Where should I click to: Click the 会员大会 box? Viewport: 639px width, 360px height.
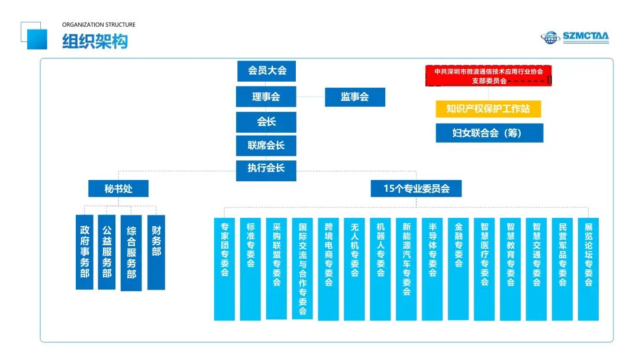tap(266, 70)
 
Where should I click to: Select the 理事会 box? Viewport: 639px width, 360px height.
tap(266, 97)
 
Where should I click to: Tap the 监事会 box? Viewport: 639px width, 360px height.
tap(355, 97)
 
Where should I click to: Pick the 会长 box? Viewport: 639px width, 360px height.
tap(266, 122)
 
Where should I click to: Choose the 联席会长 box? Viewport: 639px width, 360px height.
tap(266, 146)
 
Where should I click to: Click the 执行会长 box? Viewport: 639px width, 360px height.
tap(266, 168)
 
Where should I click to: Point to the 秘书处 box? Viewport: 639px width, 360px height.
tap(118, 189)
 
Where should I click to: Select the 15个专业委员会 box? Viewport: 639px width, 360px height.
tap(417, 189)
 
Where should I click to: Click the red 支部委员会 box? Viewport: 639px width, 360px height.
tap(489, 76)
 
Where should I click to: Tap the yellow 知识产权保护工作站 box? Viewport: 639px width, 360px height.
tap(489, 109)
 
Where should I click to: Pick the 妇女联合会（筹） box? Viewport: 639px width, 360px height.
tap(489, 133)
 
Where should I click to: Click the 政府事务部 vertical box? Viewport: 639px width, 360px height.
tap(85, 252)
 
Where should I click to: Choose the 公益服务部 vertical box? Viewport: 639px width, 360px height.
tap(106, 252)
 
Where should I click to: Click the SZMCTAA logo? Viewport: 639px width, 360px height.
tap(575, 37)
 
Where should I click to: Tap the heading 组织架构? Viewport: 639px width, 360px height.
tap(95, 41)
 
